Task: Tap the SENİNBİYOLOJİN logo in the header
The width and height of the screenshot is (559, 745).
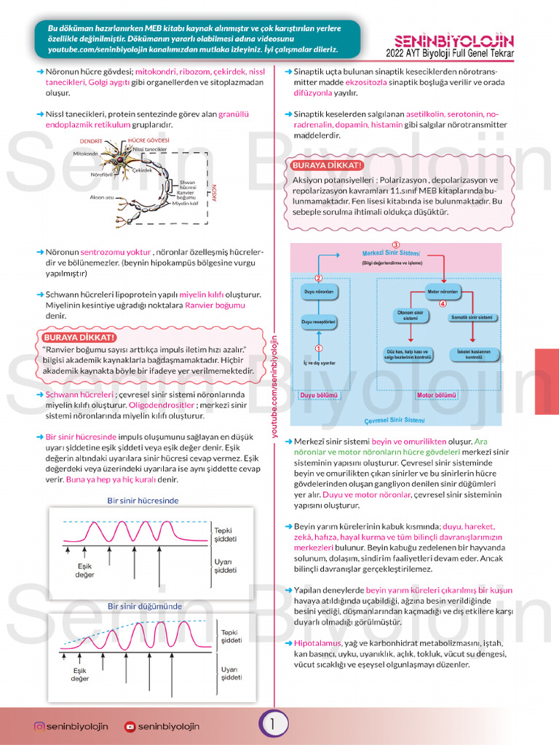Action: tap(453, 41)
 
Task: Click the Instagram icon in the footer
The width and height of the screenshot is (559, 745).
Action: tap(39, 726)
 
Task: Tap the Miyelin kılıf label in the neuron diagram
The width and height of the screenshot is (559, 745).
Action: tap(185, 204)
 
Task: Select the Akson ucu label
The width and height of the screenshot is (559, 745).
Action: tap(102, 196)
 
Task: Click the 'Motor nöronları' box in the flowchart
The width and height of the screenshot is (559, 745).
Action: tap(443, 292)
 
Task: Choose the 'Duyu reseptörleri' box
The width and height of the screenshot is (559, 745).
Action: tap(318, 321)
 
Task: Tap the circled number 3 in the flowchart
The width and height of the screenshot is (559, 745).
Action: tap(395, 244)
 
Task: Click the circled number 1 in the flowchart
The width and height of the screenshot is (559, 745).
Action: tap(318, 348)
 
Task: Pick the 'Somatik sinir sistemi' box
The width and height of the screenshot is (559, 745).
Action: tap(472, 318)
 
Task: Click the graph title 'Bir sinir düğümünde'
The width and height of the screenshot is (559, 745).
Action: tap(145, 605)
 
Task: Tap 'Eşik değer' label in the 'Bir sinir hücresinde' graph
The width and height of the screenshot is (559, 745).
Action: tap(85, 570)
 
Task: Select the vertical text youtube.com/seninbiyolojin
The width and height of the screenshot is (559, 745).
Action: tap(275, 386)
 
